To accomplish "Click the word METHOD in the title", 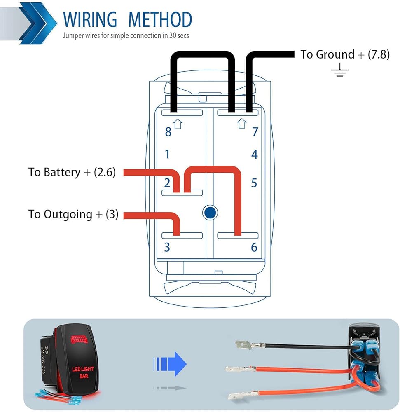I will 160,20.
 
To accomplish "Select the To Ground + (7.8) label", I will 344,54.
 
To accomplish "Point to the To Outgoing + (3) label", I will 73,214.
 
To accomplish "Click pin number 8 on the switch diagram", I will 168,132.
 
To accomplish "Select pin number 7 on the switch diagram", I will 255,132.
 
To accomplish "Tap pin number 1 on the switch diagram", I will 167,154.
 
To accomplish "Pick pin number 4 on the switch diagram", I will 255,154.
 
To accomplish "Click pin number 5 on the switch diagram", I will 254,183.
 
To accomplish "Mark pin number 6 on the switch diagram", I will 254,247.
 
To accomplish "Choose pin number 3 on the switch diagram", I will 167,247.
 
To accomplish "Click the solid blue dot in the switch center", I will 210,212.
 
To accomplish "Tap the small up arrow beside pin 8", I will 178,124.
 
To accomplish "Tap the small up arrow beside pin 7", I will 242,123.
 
